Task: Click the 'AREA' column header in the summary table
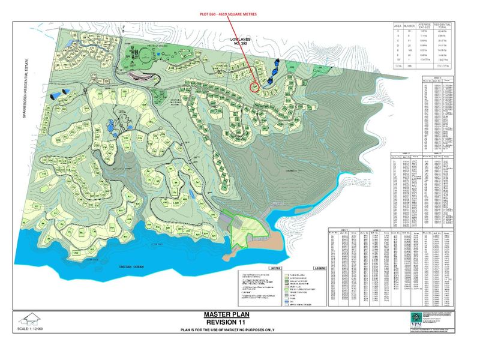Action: point(397,27)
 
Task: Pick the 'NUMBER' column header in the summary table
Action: point(409,27)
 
